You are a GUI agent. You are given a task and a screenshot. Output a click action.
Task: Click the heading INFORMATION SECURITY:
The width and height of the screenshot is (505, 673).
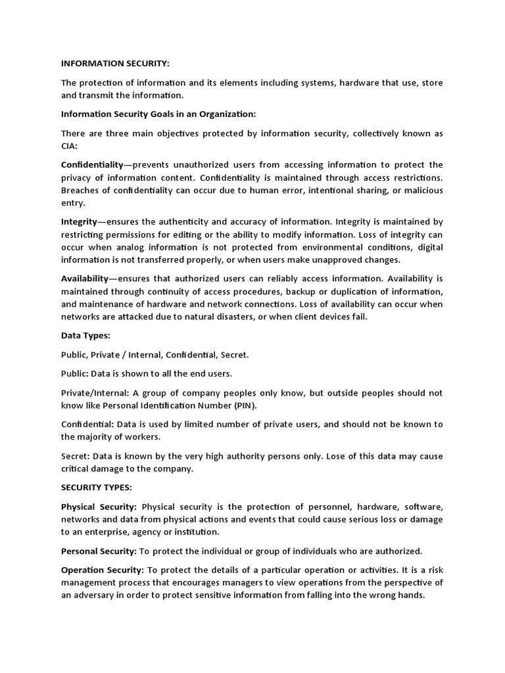[x=115, y=64]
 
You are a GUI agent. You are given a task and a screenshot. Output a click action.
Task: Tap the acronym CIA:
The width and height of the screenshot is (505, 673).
[x=69, y=146]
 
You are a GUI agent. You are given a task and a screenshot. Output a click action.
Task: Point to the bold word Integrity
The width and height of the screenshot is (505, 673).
[x=79, y=221]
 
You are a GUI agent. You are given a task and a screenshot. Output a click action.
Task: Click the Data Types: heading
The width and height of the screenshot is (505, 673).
[x=85, y=336]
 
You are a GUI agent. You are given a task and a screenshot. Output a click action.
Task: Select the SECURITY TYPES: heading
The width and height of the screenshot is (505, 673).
[x=97, y=488]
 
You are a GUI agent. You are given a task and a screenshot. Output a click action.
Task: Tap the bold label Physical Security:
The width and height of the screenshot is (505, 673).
[x=99, y=507]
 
